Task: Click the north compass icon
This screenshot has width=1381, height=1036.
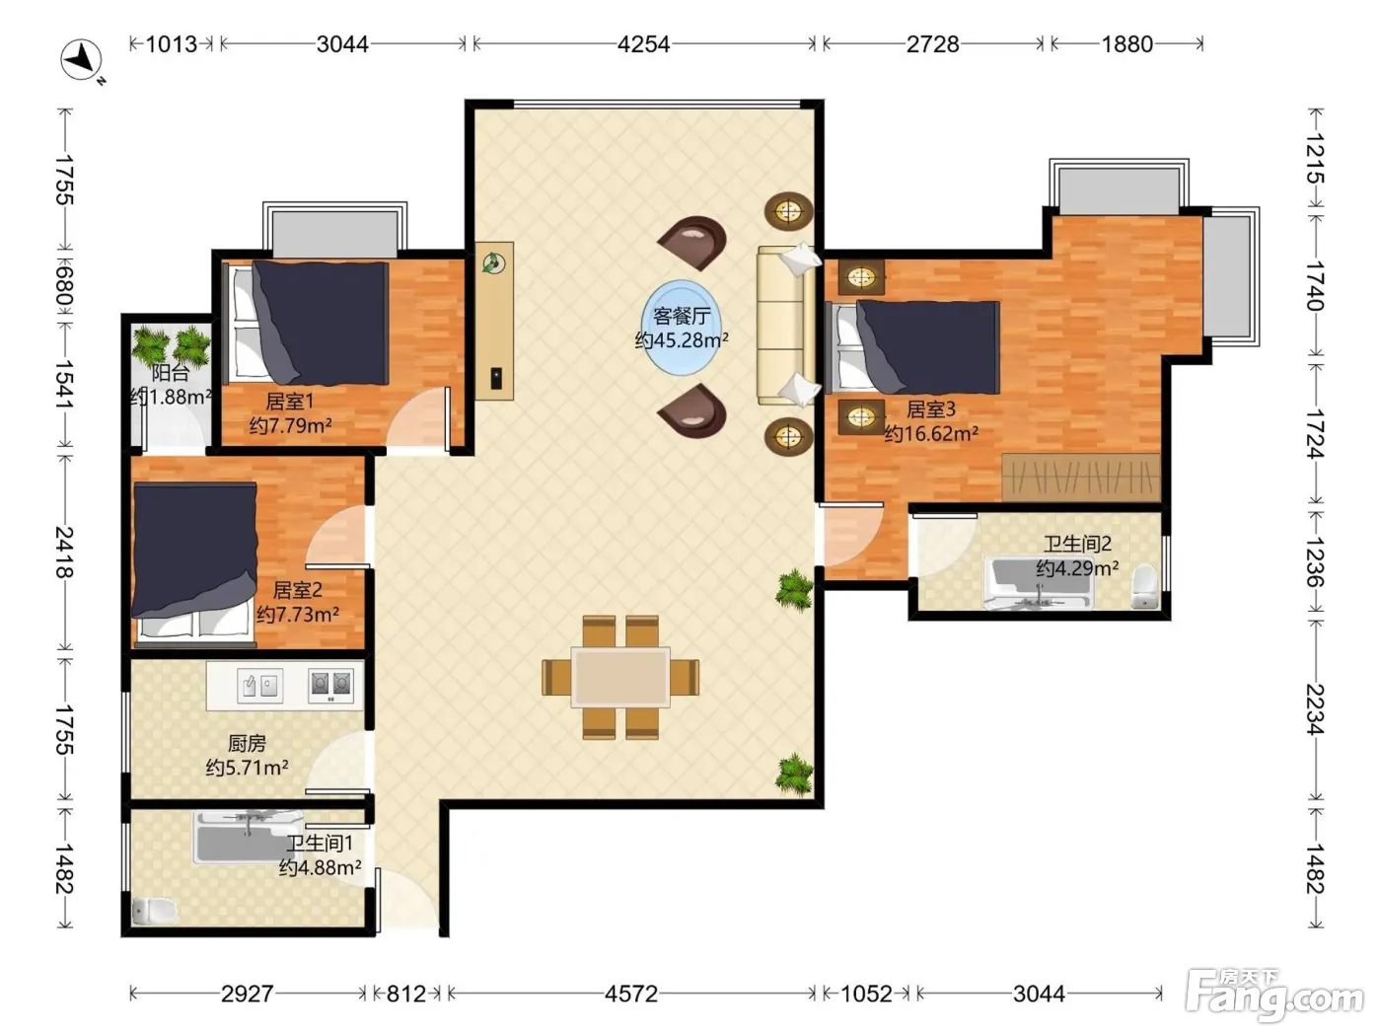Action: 82,60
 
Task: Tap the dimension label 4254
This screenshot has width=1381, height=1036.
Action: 643,44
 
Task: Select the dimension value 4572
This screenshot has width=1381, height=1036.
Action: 631,994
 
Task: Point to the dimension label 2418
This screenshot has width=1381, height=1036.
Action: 65,552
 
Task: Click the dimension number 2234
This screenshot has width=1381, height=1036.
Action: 1315,708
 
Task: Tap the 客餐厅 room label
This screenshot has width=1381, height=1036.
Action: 682,315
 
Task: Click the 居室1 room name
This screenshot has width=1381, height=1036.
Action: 289,401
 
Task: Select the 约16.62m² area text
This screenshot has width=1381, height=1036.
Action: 931,433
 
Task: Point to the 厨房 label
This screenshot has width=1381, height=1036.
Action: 247,744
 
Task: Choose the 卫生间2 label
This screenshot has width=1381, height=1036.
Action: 1077,544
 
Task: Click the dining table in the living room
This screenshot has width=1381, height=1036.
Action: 620,677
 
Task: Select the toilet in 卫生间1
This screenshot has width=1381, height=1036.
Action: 154,910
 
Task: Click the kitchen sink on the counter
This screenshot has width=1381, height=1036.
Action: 259,685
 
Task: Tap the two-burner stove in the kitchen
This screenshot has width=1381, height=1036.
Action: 330,685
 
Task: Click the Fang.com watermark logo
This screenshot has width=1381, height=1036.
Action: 1275,995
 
